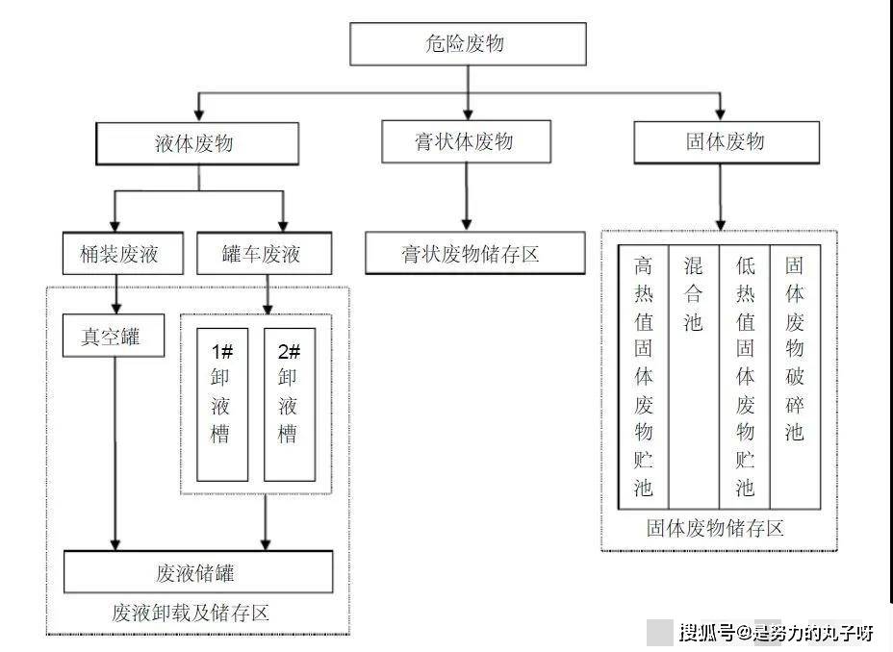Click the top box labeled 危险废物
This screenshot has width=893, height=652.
467,44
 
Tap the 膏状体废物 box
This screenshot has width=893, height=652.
467,141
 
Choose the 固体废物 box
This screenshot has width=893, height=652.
726,141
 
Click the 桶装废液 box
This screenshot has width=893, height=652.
117,255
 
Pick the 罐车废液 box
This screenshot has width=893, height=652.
262,255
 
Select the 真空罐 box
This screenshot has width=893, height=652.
113,336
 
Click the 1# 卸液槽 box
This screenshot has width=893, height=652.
222,404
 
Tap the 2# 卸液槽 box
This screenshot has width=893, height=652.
289,404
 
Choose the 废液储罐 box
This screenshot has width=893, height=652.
197,573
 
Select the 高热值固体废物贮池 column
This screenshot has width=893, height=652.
644,375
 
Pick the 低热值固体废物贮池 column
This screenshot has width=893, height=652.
745,375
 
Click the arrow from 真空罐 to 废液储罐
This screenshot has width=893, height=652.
116,452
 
